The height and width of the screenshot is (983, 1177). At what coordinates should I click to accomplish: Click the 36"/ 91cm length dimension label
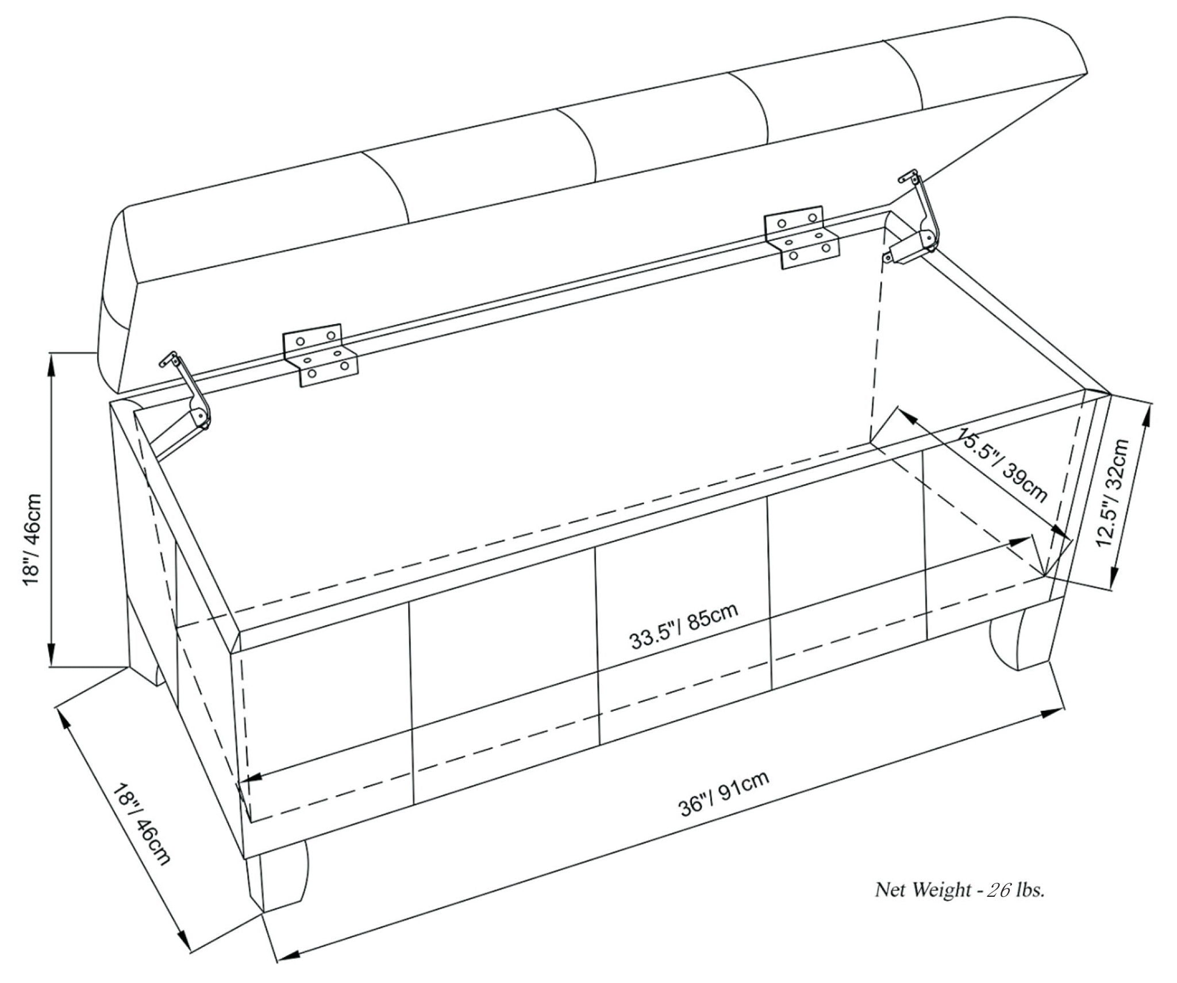click(724, 795)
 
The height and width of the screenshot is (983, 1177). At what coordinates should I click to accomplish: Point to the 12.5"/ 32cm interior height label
click(1113, 493)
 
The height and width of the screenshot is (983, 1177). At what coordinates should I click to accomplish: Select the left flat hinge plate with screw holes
click(320, 354)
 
